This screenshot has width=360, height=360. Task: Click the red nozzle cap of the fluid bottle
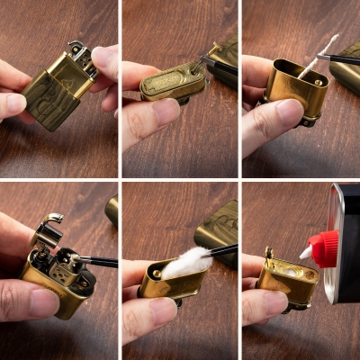point(321,248)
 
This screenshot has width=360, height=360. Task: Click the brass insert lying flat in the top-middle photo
point(171,81)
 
